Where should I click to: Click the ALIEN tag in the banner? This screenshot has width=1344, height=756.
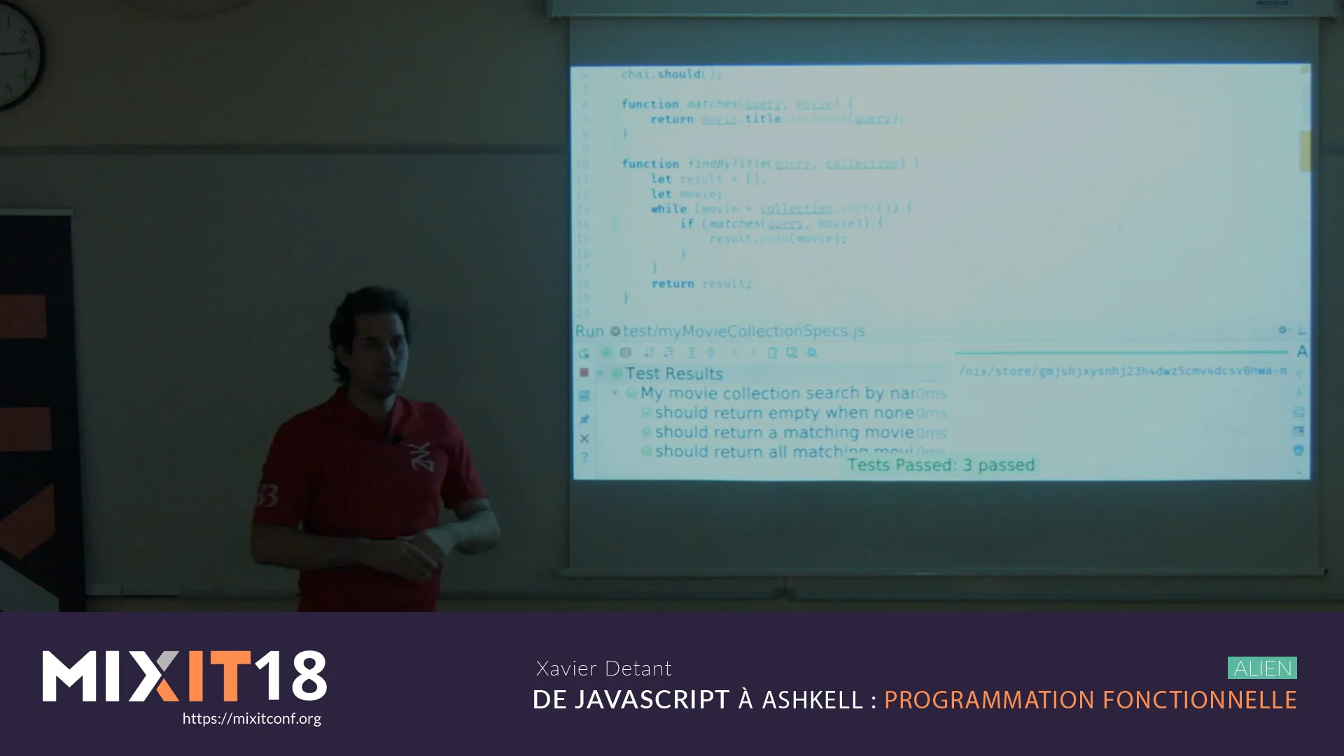(1262, 668)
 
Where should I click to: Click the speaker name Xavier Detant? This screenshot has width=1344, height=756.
(603, 668)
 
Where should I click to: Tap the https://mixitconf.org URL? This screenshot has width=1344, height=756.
(251, 719)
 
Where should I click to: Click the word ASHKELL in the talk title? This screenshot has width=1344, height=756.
(812, 700)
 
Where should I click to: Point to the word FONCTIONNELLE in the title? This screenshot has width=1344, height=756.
(1199, 700)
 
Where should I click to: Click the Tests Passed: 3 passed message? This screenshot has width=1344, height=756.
(941, 465)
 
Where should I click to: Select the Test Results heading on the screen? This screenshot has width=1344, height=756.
(673, 374)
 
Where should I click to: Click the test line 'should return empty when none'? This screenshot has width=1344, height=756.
(784, 413)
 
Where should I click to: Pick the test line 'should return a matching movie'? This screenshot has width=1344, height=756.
(784, 433)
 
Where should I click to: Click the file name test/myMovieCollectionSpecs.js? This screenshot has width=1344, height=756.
(743, 331)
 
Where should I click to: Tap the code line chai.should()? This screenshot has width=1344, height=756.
(671, 74)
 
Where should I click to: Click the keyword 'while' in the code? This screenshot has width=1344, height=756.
(668, 209)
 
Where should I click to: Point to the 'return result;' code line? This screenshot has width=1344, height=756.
(701, 283)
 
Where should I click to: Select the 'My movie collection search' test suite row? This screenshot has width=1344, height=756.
(777, 393)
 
